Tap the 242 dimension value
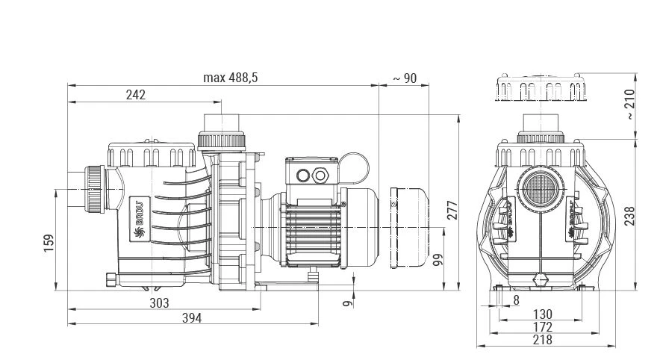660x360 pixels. pos(135,95)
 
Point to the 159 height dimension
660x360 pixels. pos(49,244)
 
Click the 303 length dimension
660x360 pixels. pos(159,302)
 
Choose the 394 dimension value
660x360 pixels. pos(192,318)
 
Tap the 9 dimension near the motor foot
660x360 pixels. pos(345,303)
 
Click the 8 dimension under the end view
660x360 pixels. pos(516,300)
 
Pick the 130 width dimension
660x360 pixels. pos(543,314)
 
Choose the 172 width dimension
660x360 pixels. pos(543,327)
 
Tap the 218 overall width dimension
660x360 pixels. pos(543,340)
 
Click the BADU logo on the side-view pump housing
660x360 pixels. pos(138,217)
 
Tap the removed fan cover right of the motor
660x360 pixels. pos(410,227)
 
